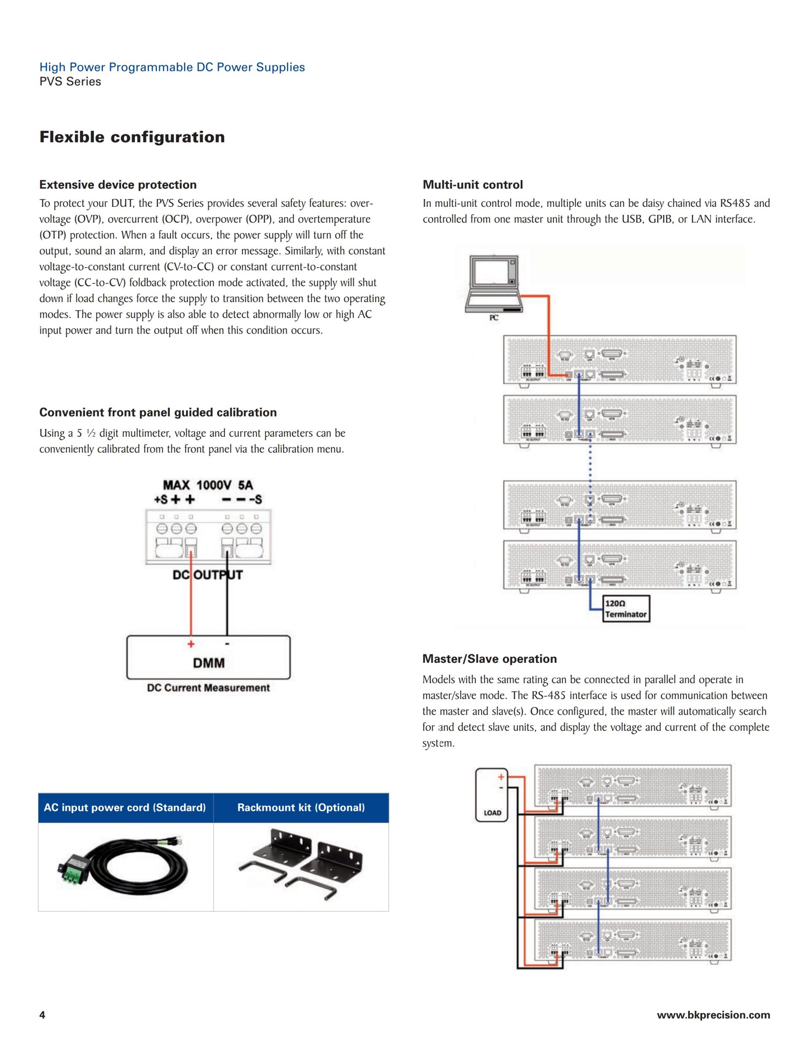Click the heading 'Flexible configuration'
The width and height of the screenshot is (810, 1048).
(x=132, y=137)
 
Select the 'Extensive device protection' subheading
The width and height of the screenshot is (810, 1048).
(x=118, y=185)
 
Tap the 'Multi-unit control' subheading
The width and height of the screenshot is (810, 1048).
(x=472, y=185)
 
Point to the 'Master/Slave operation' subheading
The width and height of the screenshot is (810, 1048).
(x=489, y=659)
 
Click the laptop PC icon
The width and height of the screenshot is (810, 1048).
(x=494, y=286)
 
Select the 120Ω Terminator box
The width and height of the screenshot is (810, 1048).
(x=626, y=609)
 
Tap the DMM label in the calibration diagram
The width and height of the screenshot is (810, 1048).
(x=209, y=663)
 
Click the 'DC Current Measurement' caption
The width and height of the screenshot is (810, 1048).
(x=208, y=688)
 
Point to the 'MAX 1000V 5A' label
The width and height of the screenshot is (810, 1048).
(x=208, y=485)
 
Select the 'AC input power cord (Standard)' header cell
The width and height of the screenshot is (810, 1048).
(x=125, y=808)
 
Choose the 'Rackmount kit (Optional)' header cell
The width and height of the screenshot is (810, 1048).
(x=301, y=808)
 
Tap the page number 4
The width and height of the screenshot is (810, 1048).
(x=42, y=1015)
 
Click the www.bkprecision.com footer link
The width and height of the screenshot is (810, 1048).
(x=713, y=1015)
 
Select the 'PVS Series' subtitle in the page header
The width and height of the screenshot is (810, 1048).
(x=70, y=81)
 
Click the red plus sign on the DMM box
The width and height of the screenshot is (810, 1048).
(x=191, y=644)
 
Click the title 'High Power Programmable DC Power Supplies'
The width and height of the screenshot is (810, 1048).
(x=172, y=67)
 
